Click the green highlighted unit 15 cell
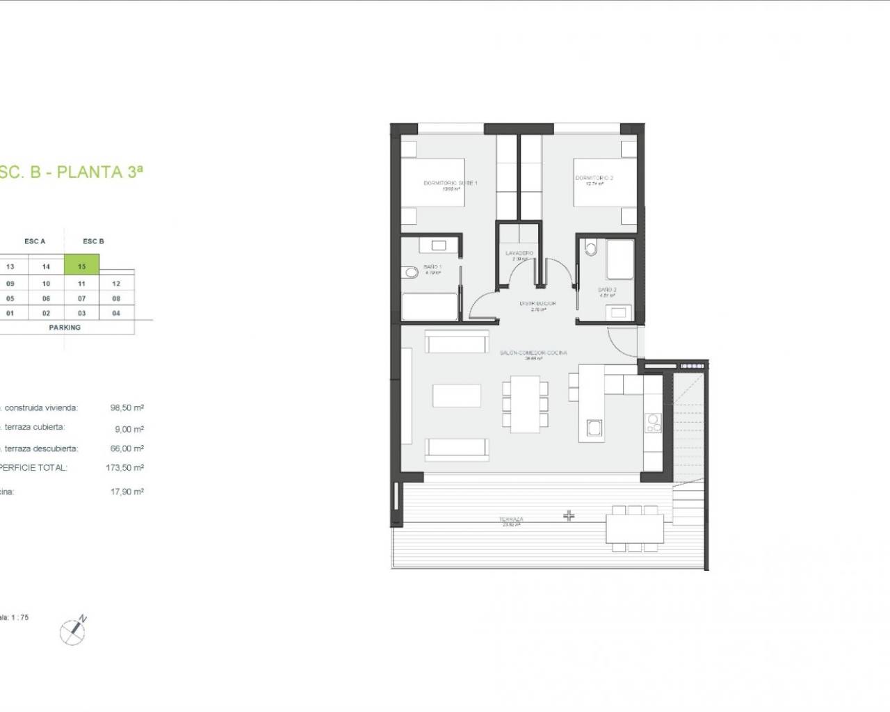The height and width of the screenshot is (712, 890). click(81, 266)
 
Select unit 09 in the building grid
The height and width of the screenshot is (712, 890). click(10, 284)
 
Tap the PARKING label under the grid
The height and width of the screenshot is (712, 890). click(65, 327)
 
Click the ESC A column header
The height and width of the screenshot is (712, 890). click(35, 241)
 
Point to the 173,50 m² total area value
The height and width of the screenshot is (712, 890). click(124, 468)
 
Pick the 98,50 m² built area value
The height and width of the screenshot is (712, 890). click(127, 408)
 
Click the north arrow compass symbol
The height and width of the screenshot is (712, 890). click(72, 631)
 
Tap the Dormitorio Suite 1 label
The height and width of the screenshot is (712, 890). click(451, 184)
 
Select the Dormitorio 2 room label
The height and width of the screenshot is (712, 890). click(594, 179)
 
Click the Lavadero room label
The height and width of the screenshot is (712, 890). click(519, 253)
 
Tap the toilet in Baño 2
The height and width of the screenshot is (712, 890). click(592, 248)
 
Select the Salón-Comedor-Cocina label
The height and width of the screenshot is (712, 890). click(533, 353)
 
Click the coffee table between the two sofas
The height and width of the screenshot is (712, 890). click(456, 396)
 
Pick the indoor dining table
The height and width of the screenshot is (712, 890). click(526, 403)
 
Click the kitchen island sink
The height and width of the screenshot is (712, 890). click(594, 428)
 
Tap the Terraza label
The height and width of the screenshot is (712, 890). click(511, 519)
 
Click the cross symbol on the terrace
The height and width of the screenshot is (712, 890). click(569, 516)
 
